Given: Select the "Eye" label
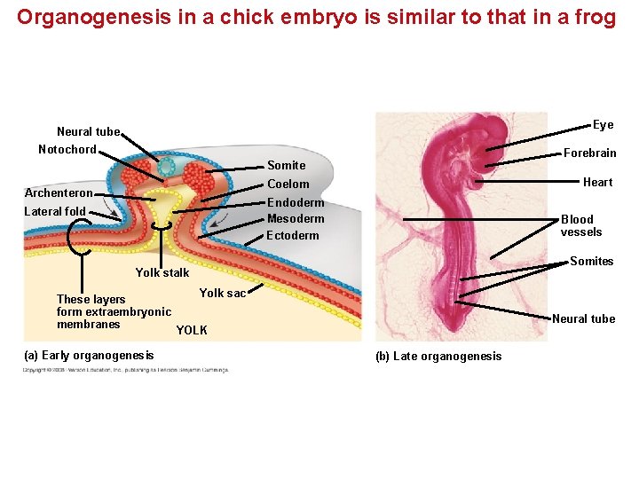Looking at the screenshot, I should (x=603, y=124).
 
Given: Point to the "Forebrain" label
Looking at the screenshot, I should (x=589, y=153).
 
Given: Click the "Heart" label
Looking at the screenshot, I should (x=597, y=182).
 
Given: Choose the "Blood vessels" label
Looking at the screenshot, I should (x=580, y=225).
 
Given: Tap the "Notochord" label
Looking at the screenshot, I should (x=67, y=149).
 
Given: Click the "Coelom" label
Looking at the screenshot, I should (x=288, y=184).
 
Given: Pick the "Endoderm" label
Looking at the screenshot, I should (x=295, y=202).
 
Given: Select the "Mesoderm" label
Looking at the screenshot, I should (x=296, y=218).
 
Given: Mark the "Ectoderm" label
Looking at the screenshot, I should (x=292, y=235).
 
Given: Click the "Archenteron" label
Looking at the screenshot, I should (x=58, y=193).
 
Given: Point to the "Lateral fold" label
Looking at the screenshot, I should (x=55, y=211).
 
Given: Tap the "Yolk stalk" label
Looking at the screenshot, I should (x=162, y=272).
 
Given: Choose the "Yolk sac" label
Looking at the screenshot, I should (x=222, y=293).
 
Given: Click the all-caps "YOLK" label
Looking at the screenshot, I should (x=192, y=330).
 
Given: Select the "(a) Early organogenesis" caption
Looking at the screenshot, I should (x=89, y=356).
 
